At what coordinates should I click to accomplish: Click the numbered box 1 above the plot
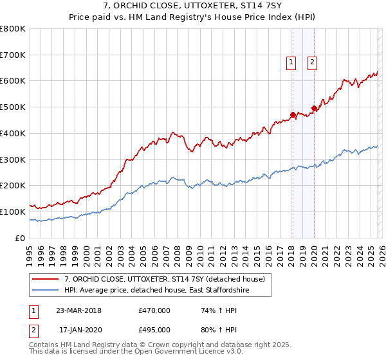tap(291, 62)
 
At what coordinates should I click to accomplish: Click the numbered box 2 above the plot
tap(312, 62)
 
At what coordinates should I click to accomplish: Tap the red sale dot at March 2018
tap(293, 115)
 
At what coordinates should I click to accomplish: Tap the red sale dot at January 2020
tap(314, 108)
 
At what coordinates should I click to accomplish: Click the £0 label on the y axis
tap(21, 238)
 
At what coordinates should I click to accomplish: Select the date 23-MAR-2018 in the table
tap(78, 310)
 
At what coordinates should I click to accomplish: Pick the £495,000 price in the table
tap(154, 329)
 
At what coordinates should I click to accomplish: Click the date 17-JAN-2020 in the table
tap(78, 329)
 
